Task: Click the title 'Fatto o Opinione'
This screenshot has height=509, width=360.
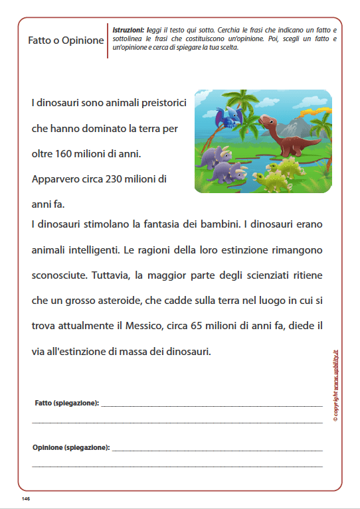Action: pos(66,40)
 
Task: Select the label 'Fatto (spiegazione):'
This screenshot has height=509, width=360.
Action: pos(66,403)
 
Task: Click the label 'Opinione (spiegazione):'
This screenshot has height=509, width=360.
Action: pos(71,448)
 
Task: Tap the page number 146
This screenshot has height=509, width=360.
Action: pos(26,498)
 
